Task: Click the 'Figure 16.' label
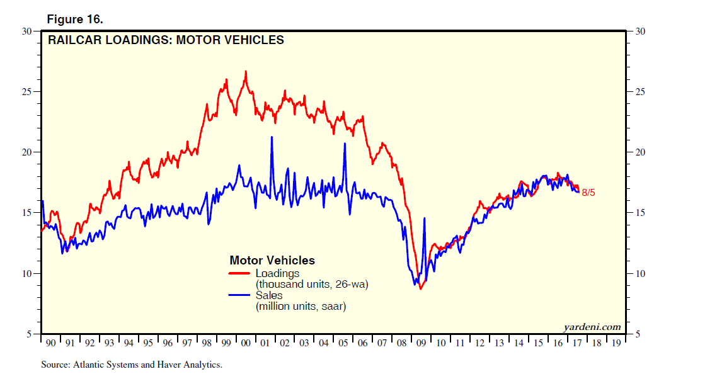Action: tap(75, 20)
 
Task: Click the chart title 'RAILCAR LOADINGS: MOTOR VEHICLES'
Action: tap(166, 40)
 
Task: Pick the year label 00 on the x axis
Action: tap(246, 344)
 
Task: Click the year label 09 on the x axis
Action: tap(422, 344)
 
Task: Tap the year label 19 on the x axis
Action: tap(616, 344)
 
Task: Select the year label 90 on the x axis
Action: tap(52, 344)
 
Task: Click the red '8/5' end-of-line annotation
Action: tap(588, 193)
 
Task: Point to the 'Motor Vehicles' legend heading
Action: tap(272, 261)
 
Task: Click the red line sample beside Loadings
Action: tap(239, 273)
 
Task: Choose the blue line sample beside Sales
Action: tap(239, 295)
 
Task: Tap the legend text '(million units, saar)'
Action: tap(301, 307)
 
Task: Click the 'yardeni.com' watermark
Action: tap(592, 327)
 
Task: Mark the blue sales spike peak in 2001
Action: tap(272, 137)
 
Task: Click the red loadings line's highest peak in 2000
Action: tap(246, 71)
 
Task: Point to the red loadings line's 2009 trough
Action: tap(420, 288)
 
